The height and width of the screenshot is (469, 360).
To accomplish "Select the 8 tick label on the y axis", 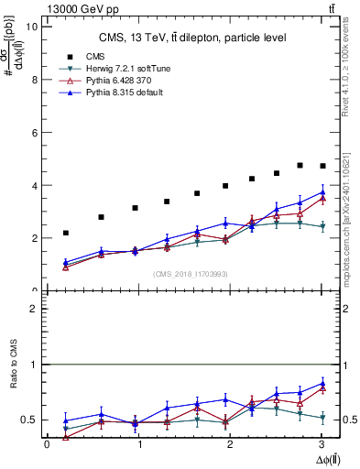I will pyautogui.click(x=33, y=80).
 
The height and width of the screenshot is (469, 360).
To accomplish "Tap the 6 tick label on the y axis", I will pyautogui.click(x=33, y=132).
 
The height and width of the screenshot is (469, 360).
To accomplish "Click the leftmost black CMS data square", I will pyautogui.click(x=65, y=233).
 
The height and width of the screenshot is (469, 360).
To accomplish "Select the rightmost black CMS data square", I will pyautogui.click(x=322, y=166).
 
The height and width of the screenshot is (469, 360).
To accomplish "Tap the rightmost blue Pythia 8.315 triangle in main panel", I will pyautogui.click(x=322, y=192).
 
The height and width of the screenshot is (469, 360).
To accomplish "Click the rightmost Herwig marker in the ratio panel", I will pyautogui.click(x=322, y=418).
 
